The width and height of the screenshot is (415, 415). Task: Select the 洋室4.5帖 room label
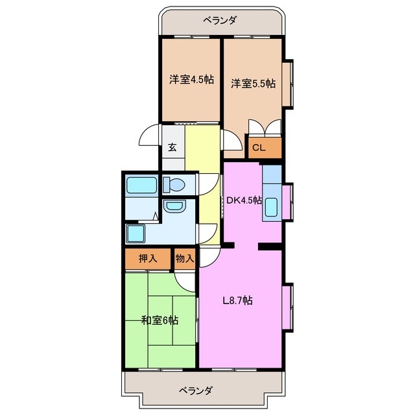pyautogui.click(x=191, y=80)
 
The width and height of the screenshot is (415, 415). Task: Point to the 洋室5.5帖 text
pyautogui.click(x=253, y=83)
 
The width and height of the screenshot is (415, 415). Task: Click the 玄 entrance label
pyautogui.click(x=172, y=147)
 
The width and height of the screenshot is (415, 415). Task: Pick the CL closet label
pyautogui.click(x=259, y=148)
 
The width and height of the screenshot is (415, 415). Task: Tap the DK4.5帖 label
pyautogui.click(x=243, y=200)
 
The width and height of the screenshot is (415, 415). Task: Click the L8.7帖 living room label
pyautogui.click(x=237, y=300)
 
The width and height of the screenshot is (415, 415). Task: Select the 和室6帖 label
pyautogui.click(x=160, y=320)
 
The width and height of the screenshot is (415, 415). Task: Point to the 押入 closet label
pyautogui.click(x=148, y=258)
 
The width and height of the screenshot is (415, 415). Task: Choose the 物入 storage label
pyautogui.click(x=185, y=258)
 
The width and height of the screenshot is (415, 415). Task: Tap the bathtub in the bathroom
pyautogui.click(x=141, y=185)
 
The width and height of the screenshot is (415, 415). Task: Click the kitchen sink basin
pyautogui.click(x=272, y=207)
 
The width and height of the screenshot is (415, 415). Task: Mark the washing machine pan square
pyautogui.click(x=136, y=233)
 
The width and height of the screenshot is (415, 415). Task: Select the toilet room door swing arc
pyautogui.click(x=207, y=183)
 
